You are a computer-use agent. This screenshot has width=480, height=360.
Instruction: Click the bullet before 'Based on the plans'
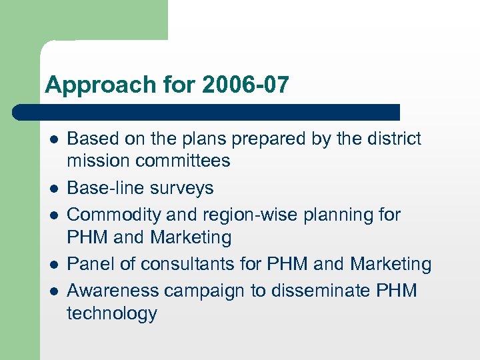pos(53,139)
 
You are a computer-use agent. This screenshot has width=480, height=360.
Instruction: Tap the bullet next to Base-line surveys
pos(53,189)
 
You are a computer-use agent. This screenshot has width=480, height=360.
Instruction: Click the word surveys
pos(183,188)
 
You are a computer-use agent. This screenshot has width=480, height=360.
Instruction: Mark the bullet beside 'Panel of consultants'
pos(53,265)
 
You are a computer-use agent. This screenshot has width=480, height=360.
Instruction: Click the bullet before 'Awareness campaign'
pos(53,291)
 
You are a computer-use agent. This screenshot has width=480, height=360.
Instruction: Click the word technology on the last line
pos(111,313)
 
